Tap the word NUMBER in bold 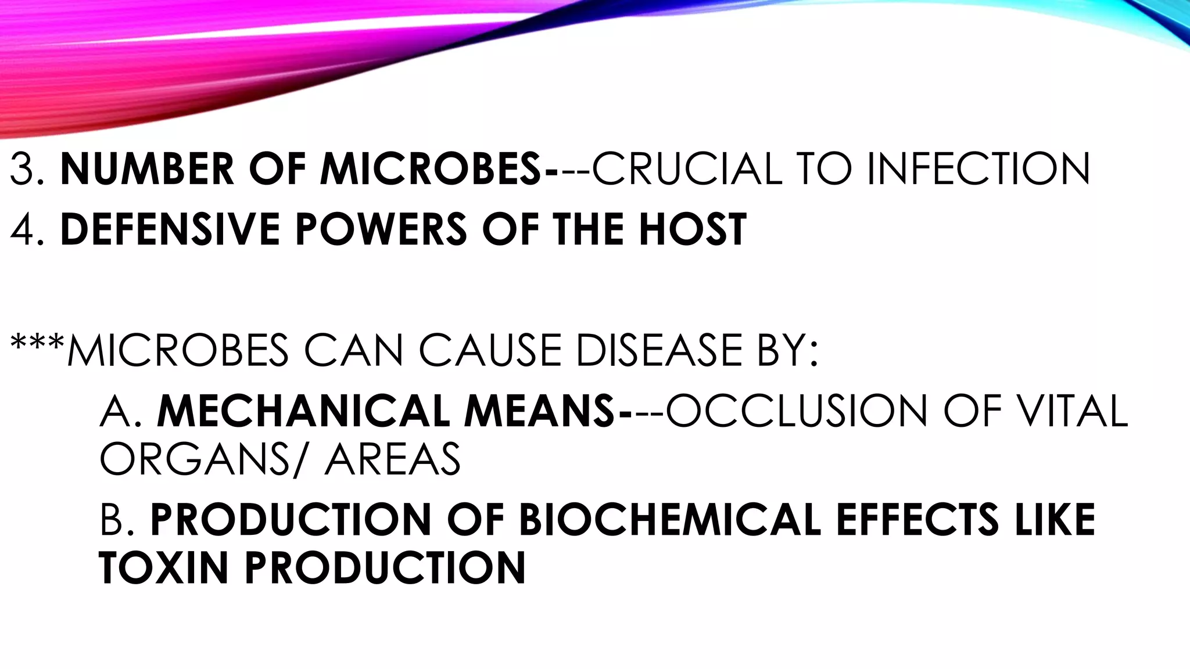146,169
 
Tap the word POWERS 381,229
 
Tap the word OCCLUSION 797,411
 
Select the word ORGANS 195,459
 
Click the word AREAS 393,459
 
